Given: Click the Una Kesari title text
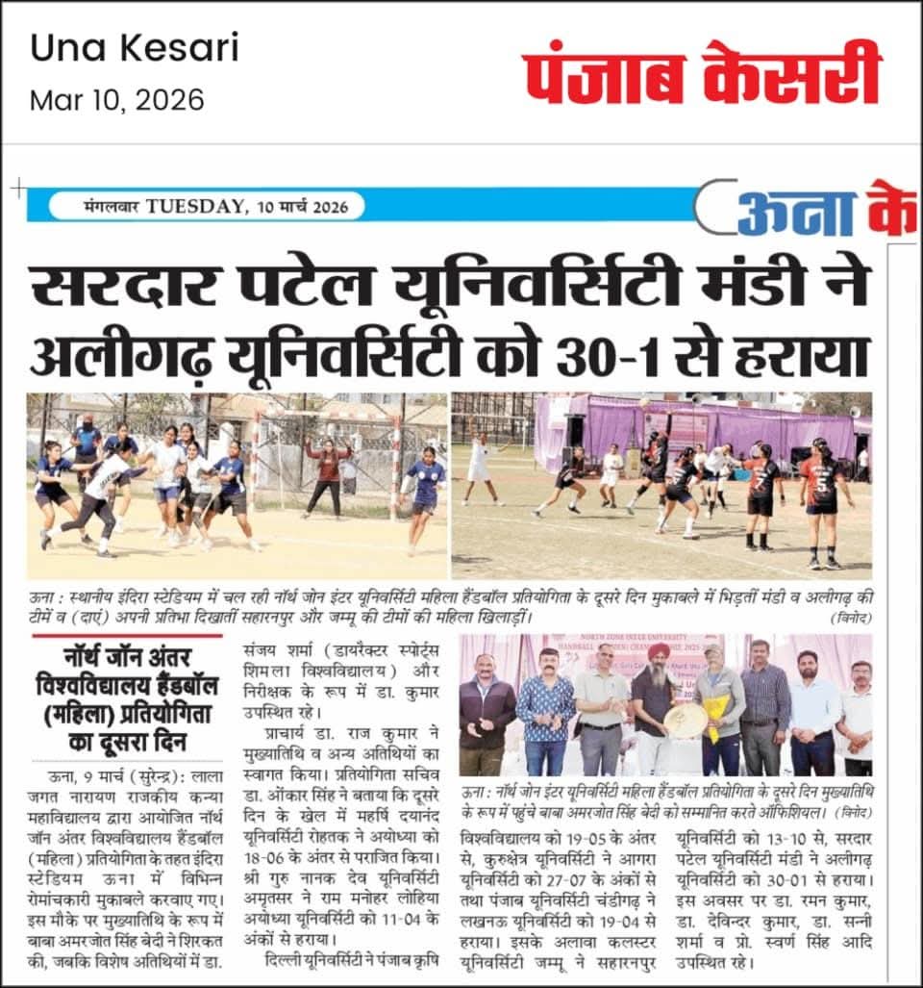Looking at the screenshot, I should point(135,48).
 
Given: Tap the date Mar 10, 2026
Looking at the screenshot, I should point(117,100).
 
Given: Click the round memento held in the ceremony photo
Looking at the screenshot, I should point(686,720).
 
